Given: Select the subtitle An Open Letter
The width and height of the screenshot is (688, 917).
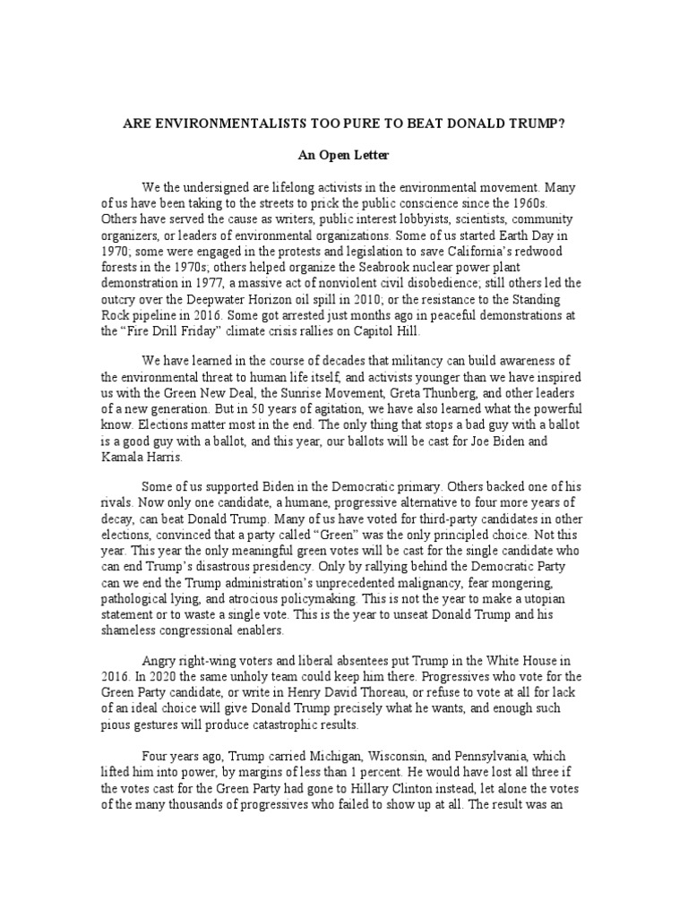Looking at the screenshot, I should [343, 156].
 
